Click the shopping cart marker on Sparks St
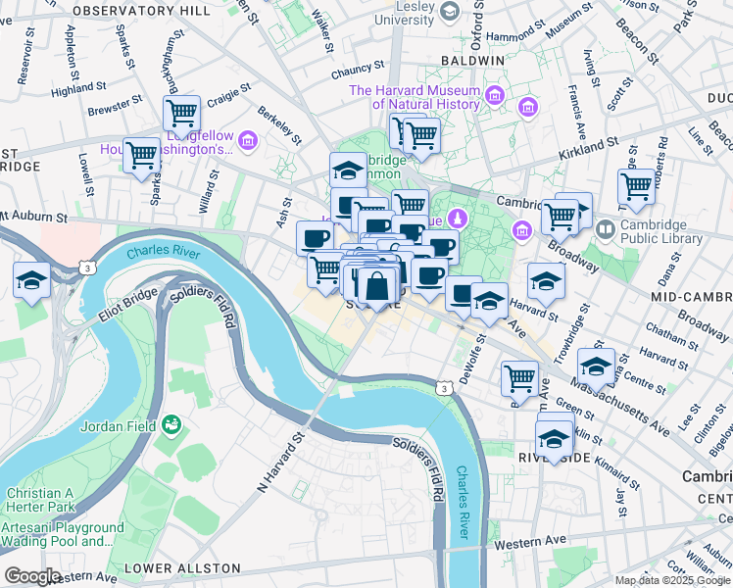click(142, 155)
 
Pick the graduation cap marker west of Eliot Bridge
click(31, 280)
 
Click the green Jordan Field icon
click(172, 424)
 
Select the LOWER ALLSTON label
click(182, 568)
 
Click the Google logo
click(32, 576)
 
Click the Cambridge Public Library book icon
click(605, 229)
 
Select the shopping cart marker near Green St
click(519, 378)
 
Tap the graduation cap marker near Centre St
click(596, 367)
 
